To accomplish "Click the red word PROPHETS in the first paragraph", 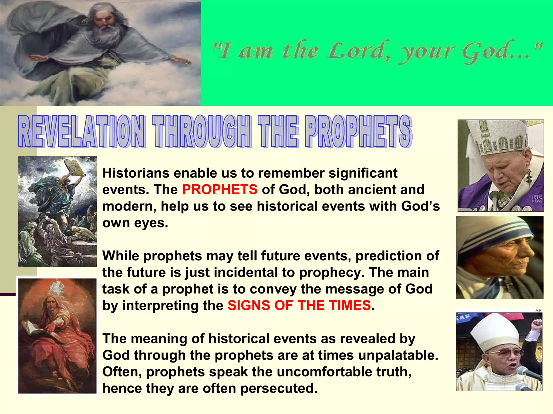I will pos(220,189).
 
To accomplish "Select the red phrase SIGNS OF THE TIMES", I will pos(299,305).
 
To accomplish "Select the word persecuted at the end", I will pos(279,388).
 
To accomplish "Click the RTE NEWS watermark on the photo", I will pos(537,198).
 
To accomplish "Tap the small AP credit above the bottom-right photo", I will pos(538,310).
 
